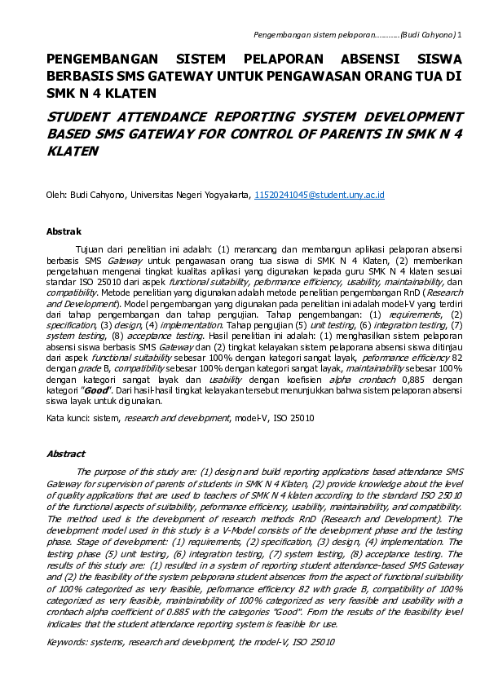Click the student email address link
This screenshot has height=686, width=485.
pyautogui.click(x=319, y=196)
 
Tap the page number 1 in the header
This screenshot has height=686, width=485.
pyautogui.click(x=460, y=36)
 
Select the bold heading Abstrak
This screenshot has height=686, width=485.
pyautogui.click(x=64, y=232)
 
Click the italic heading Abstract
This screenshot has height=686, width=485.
pyautogui.click(x=66, y=454)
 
